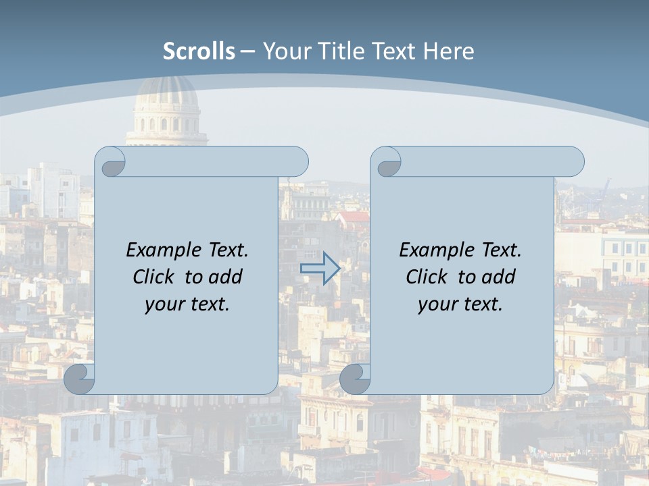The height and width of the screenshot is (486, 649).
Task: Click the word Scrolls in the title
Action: coord(199,51)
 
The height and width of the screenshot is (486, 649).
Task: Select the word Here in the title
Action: coord(448,51)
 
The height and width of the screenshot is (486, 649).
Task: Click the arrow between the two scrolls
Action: coord(320,268)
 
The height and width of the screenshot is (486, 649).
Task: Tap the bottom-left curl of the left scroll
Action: coord(80,378)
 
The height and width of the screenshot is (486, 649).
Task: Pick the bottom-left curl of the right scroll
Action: coord(356,379)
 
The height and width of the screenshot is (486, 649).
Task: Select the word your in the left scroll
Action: coord(164,305)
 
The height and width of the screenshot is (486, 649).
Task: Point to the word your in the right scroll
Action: coord(437,305)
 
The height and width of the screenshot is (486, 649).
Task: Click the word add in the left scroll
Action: coord(225,277)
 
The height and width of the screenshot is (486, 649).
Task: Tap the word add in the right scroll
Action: coord(498,277)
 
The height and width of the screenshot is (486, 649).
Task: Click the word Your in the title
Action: coord(285,51)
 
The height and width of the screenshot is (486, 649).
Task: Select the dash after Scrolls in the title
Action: coord(248,51)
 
